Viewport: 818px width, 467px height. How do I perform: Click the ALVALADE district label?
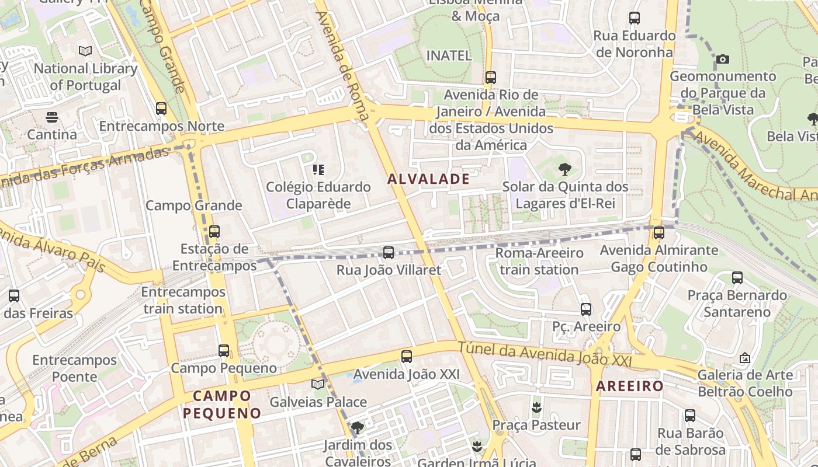tap(429, 179)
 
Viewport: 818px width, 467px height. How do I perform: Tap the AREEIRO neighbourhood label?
tap(630, 386)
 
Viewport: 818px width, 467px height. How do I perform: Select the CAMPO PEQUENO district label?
tap(222, 405)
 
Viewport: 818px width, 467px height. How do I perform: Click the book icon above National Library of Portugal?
tap(85, 51)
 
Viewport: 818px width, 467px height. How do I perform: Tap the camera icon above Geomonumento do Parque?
tap(723, 59)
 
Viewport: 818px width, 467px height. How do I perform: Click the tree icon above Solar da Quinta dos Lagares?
tap(564, 170)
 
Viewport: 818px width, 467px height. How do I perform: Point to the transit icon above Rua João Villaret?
tap(389, 253)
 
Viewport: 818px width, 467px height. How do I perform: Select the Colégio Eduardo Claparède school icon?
tap(318, 170)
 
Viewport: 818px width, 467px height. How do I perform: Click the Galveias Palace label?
tap(318, 402)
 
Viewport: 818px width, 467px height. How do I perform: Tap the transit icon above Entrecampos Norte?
tap(161, 109)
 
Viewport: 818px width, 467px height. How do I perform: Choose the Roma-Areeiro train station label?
tap(539, 261)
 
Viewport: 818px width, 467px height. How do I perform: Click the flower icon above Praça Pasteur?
tap(536, 407)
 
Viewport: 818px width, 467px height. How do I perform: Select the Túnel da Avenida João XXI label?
tap(545, 354)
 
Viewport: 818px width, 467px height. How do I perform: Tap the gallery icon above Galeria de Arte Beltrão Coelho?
tap(745, 357)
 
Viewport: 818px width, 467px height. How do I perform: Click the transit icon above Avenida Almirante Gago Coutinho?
tap(659, 233)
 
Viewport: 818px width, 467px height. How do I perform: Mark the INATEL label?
tap(449, 55)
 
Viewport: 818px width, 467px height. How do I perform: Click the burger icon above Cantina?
tap(52, 117)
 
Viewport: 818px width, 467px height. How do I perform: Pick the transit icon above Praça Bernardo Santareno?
tap(737, 278)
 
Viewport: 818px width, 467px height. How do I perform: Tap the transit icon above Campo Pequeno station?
tap(224, 351)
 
